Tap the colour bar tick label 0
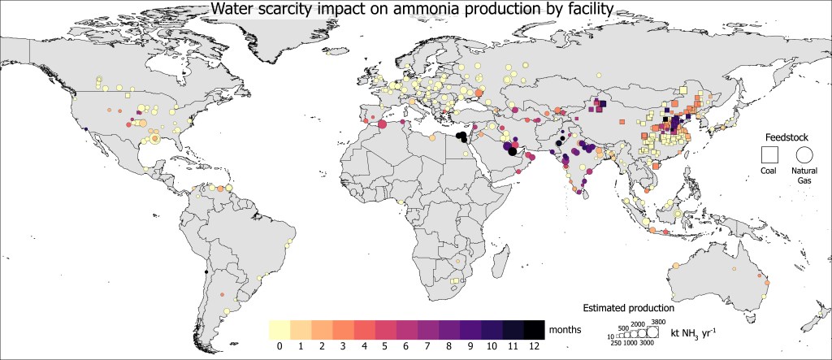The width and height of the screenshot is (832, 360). tap(279, 346)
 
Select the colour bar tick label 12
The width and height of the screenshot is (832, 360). tap(534, 346)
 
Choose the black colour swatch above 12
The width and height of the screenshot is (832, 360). tap(534, 329)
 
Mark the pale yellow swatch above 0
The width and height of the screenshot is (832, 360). tap(279, 329)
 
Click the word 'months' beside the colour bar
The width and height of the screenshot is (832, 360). tap(565, 329)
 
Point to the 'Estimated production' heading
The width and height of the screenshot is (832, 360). tap(630, 309)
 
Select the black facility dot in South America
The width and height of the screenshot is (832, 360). tap(206, 272)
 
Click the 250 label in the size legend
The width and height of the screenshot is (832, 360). tap(615, 345)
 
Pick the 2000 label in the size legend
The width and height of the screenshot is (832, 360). tap(639, 325)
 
